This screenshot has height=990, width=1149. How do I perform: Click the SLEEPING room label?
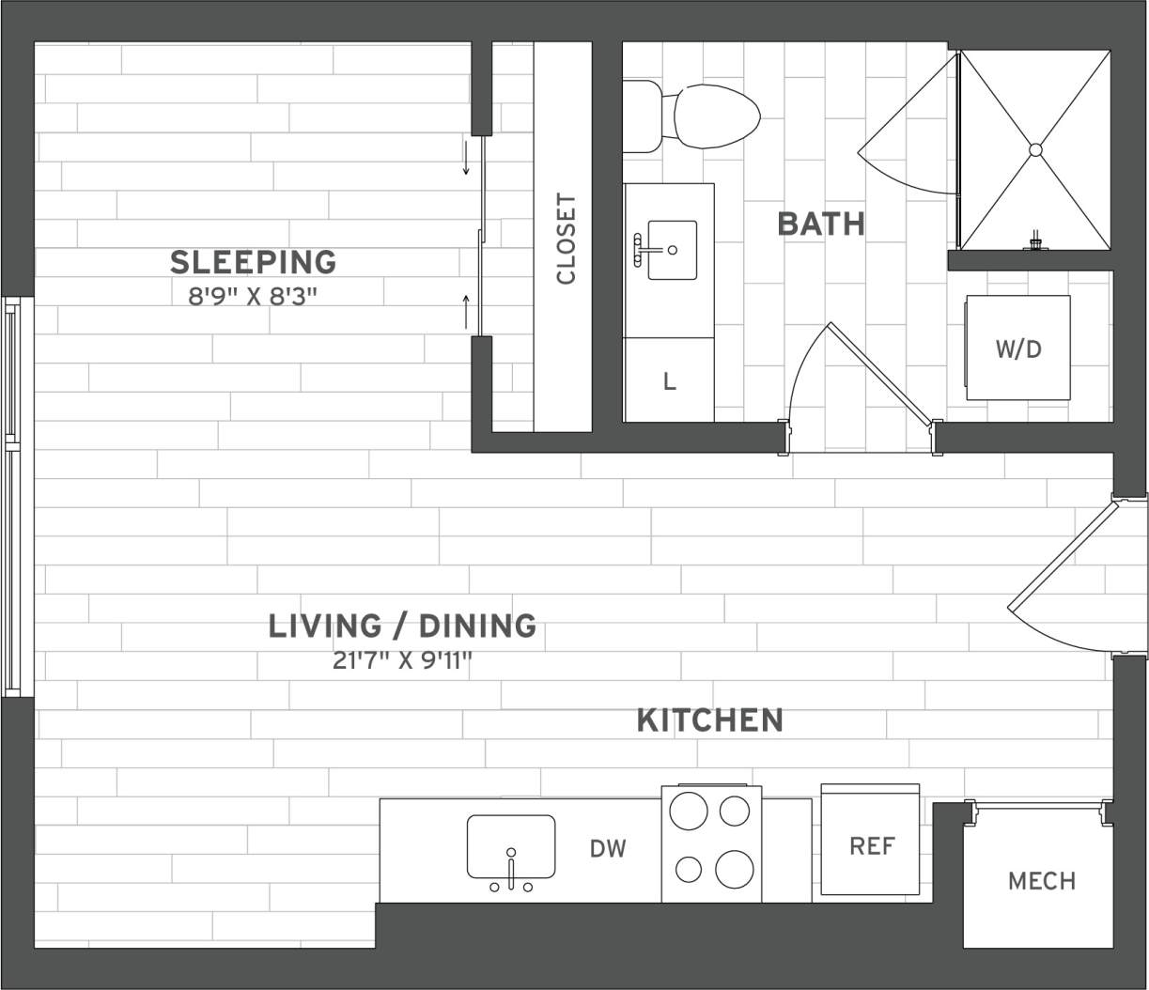[x=253, y=262]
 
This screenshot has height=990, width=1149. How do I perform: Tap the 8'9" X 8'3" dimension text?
[x=253, y=297]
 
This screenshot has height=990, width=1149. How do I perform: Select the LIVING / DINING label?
[x=402, y=626]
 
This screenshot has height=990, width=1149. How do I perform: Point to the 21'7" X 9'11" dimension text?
[x=402, y=660]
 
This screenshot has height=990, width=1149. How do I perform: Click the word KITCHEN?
[x=709, y=720]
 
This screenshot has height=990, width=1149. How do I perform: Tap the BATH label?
[x=821, y=224]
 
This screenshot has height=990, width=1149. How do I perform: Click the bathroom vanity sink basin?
[x=672, y=250]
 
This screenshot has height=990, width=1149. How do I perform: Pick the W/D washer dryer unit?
[x=1018, y=348]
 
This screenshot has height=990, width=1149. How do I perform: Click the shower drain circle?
[x=1035, y=149]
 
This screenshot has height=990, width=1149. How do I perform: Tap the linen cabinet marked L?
[x=669, y=381]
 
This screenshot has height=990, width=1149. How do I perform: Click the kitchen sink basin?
[x=511, y=844]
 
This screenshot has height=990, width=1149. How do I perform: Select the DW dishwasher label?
[x=608, y=849]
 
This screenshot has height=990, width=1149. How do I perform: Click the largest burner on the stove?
[x=734, y=869]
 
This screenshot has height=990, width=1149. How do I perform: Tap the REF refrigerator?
[x=871, y=844]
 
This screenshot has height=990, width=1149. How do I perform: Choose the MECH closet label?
[x=1041, y=881]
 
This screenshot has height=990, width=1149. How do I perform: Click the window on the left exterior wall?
[x=12, y=497]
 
